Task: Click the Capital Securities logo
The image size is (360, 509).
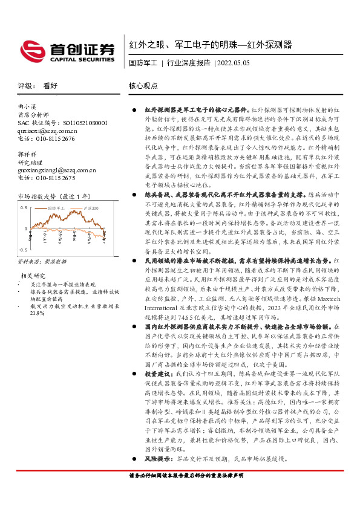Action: (67, 51)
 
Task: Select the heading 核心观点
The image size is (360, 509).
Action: (143, 86)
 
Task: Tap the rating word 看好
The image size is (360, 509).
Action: (50, 86)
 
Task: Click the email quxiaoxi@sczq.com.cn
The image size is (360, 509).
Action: (47, 130)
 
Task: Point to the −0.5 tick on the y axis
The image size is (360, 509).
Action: (23, 249)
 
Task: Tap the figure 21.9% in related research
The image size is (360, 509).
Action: (37, 313)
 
